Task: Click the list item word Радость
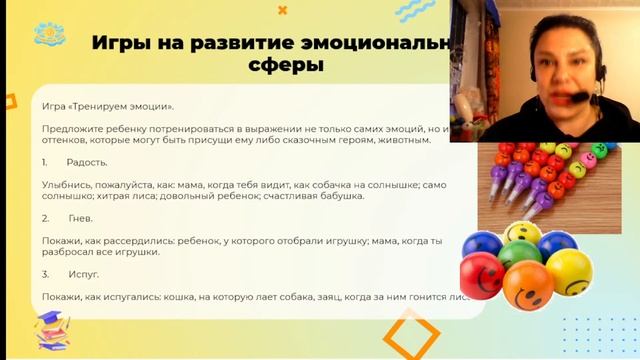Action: tap(87, 161)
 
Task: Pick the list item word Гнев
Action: tap(80, 217)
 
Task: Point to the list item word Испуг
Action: tap(83, 273)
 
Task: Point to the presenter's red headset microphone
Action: tap(568, 97)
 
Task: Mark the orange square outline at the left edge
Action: tap(9, 100)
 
